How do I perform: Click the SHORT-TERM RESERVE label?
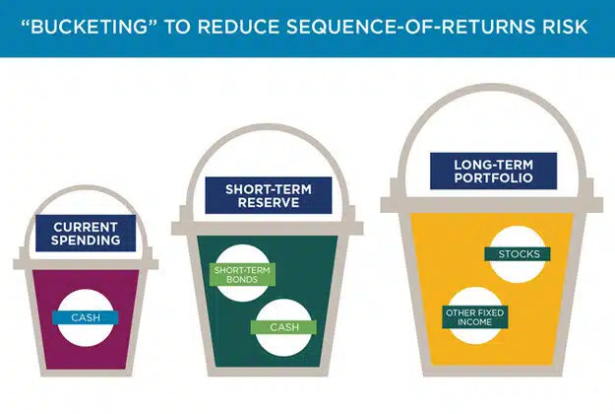[255, 194]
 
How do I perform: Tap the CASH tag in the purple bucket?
[87, 317]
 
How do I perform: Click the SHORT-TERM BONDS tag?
[242, 275]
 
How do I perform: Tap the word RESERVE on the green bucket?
[255, 203]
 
